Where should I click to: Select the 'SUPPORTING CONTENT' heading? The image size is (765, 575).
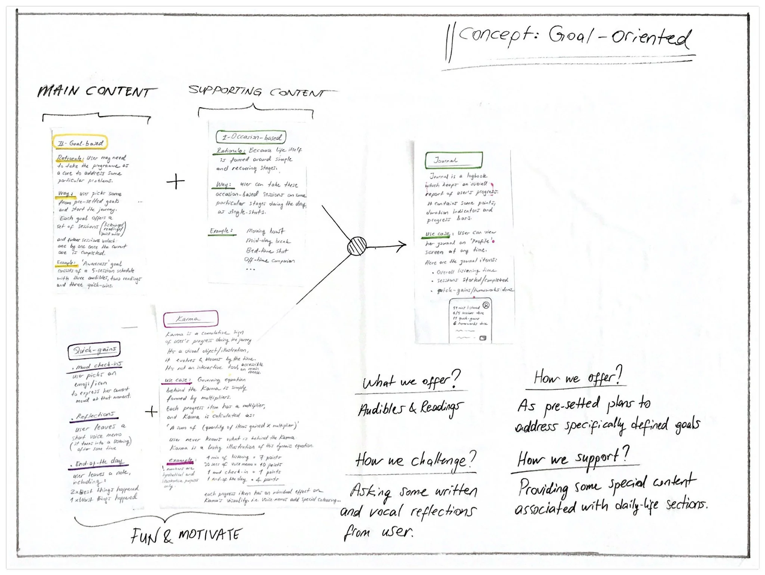tap(258, 92)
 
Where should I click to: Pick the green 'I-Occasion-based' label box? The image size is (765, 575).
tap(251, 137)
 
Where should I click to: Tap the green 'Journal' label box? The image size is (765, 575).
tap(453, 160)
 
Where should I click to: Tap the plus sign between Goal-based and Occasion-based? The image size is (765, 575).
tap(176, 182)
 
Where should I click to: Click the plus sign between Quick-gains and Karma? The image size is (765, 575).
tap(151, 412)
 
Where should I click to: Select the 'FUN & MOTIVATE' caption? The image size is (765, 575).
tap(186, 536)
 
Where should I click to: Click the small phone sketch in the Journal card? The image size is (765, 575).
tap(470, 320)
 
